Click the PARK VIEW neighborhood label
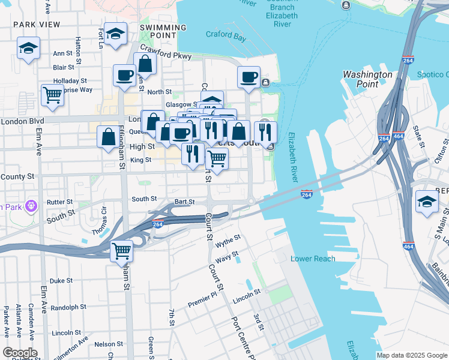point(37,24)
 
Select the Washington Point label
point(367,79)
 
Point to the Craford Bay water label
point(226,35)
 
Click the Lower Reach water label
point(313,259)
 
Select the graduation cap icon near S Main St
point(427,201)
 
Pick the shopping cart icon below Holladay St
point(53,94)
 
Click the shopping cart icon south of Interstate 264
point(122,249)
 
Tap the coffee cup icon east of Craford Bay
point(249,77)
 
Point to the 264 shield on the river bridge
point(306,195)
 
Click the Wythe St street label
point(228,239)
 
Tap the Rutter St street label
point(59,202)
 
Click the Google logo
point(20,353)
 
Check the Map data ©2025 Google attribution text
point(411,355)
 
